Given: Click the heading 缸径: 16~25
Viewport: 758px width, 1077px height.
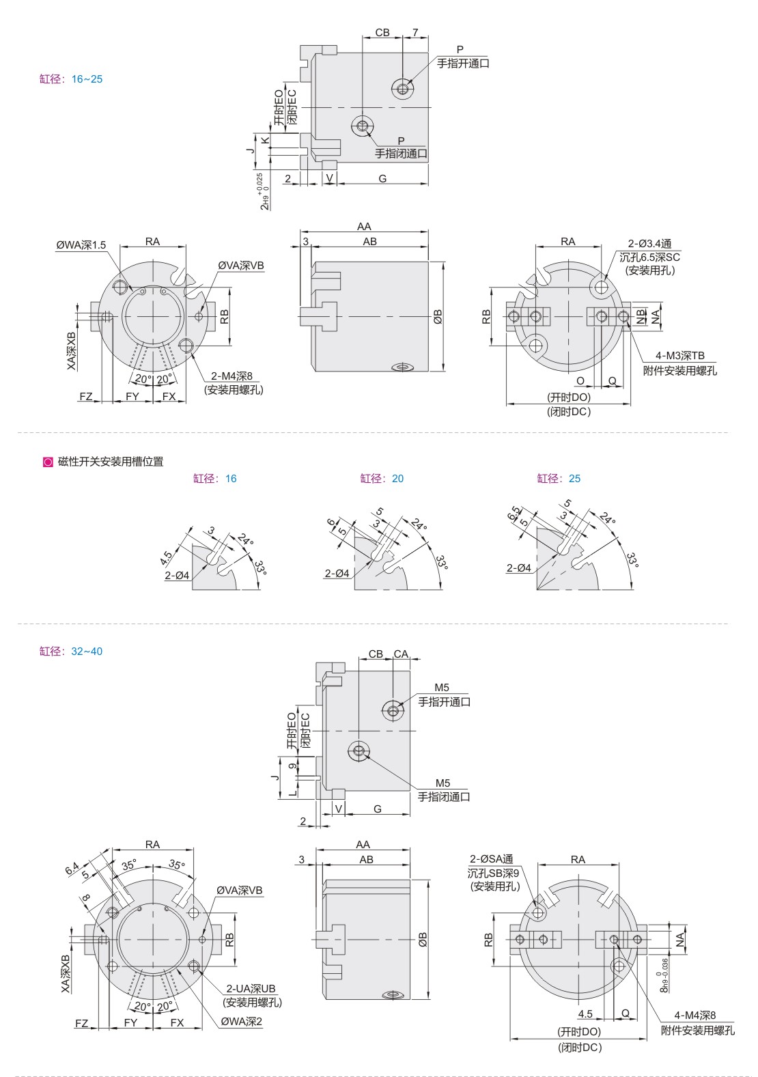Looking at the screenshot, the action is pyautogui.click(x=70, y=79).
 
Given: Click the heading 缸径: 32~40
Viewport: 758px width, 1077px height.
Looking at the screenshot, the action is pyautogui.click(x=70, y=651).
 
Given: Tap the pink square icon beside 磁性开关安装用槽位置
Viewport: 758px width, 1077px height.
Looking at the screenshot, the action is pyautogui.click(x=48, y=462).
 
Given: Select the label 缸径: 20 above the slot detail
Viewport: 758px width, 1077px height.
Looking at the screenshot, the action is pyautogui.click(x=382, y=478).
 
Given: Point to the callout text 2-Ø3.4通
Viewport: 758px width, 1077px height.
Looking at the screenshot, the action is pyautogui.click(x=650, y=244).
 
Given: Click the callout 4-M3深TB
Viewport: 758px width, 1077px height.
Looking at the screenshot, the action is pyautogui.click(x=680, y=355).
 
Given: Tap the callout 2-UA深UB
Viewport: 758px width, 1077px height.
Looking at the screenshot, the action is pyautogui.click(x=251, y=988).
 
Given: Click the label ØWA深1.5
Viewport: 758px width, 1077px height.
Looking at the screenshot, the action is pyautogui.click(x=81, y=245).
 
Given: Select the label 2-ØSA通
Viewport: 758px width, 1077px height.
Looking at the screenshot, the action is pyautogui.click(x=491, y=858).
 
